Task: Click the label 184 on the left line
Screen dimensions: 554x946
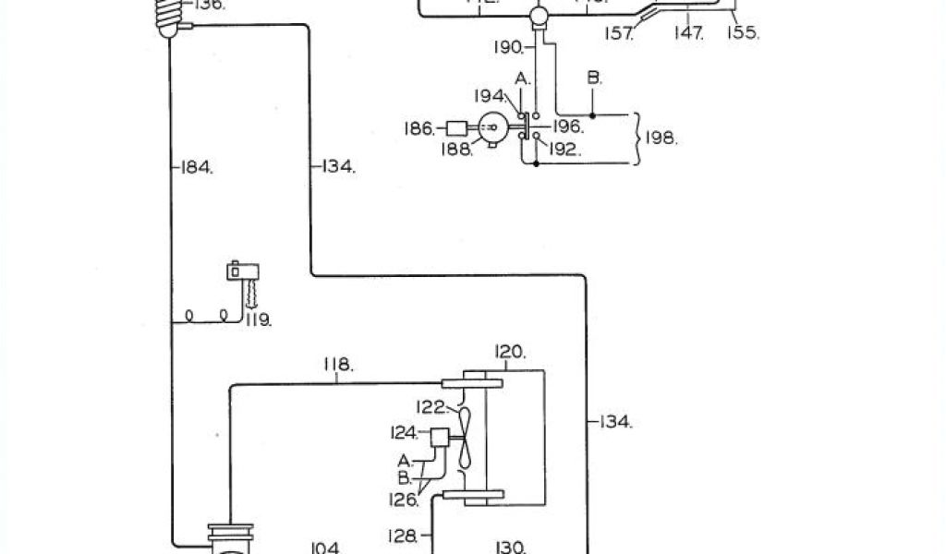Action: click(196, 168)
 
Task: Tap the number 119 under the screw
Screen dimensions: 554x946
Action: click(257, 321)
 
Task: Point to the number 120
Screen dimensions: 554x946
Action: click(510, 352)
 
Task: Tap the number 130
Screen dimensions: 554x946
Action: click(510, 547)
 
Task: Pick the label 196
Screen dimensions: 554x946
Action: click(566, 127)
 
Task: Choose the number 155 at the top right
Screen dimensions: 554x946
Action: click(743, 33)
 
